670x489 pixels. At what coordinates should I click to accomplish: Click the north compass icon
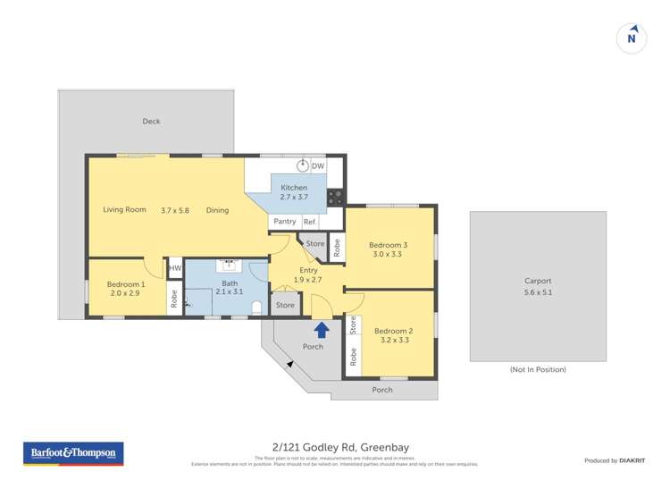pos(632,38)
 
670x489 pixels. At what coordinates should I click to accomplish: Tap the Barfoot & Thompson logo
pos(73,453)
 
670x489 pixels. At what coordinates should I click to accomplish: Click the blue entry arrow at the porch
pos(322,329)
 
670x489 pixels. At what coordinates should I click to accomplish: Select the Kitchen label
pos(294,188)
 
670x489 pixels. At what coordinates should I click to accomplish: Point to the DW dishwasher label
pos(318,166)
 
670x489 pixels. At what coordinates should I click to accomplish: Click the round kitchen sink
pos(303,165)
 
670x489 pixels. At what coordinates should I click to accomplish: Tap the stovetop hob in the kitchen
pos(336,198)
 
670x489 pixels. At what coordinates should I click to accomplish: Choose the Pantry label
pos(285,222)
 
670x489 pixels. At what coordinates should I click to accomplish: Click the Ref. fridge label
pos(310,222)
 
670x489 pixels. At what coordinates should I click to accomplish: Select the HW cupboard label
pos(175,268)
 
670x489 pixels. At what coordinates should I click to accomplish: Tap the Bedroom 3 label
pos(390,245)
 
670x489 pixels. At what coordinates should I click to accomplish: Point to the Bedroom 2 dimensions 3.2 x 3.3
pos(393,340)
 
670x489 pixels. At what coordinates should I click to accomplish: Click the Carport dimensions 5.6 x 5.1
pos(538,291)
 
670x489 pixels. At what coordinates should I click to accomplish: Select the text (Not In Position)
pos(538,369)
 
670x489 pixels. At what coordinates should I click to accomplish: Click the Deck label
pos(151,122)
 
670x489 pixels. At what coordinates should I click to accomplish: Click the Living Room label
pos(124,210)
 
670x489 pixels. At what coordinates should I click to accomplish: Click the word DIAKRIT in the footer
pos(634,460)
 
